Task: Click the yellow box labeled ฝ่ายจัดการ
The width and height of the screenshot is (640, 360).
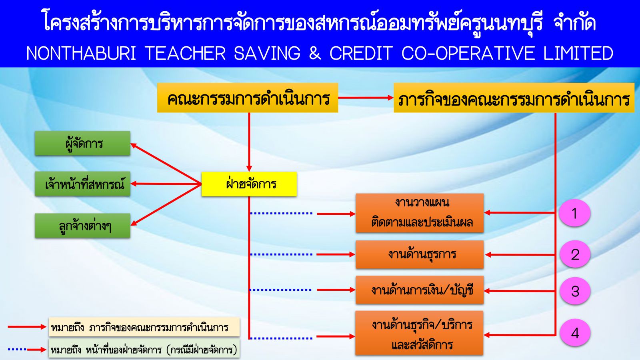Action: [249, 184]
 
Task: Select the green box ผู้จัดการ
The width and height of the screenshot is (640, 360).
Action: [82, 144]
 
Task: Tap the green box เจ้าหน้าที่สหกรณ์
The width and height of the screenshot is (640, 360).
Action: [82, 184]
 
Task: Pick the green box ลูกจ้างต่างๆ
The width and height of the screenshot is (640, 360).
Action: [82, 226]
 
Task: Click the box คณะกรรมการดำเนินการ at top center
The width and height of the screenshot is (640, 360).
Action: [248, 98]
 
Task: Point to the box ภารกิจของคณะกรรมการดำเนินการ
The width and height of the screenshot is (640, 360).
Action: [514, 98]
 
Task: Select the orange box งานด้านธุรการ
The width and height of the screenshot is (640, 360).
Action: [420, 254]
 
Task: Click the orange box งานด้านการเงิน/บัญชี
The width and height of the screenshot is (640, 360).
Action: [420, 290]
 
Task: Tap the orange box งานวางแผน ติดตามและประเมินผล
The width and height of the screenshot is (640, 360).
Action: [420, 213]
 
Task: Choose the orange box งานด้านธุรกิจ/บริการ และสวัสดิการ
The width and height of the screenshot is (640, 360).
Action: [420, 333]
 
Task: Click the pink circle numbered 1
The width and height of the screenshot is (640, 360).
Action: [575, 213]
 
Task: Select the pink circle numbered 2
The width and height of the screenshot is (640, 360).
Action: [575, 254]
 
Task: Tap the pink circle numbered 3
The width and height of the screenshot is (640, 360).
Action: [575, 291]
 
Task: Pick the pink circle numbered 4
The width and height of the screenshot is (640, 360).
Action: [575, 332]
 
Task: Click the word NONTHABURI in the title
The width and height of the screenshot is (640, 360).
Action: [82, 53]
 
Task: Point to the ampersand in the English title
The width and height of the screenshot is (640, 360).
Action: [315, 53]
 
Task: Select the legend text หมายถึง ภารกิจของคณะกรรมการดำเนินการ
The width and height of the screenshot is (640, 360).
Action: [140, 328]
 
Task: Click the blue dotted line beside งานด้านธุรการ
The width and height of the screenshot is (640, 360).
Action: [281, 254]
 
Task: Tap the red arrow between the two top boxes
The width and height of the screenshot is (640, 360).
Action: [366, 98]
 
